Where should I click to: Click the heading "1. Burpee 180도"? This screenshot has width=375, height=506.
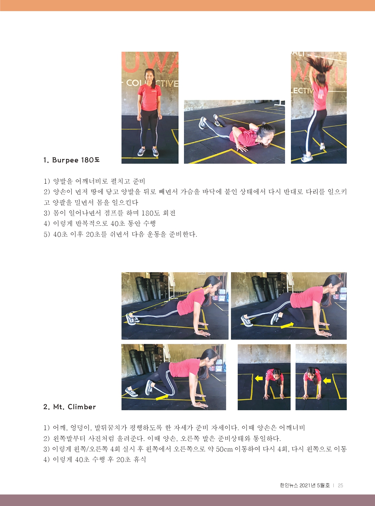[x=71, y=160]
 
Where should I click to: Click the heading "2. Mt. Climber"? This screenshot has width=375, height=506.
[x=69, y=407]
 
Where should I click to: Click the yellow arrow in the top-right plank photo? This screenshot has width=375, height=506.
[x=287, y=325]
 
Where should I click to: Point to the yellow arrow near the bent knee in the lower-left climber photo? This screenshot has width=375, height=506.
[x=162, y=398]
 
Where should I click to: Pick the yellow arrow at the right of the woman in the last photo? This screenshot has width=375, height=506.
[x=327, y=380]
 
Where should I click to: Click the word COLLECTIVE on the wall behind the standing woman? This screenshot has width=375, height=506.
[x=152, y=83]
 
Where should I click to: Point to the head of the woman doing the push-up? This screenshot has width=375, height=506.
[x=265, y=134]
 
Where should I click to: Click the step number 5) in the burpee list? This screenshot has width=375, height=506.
[x=47, y=234]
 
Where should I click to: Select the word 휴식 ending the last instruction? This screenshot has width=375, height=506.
[x=140, y=459]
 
